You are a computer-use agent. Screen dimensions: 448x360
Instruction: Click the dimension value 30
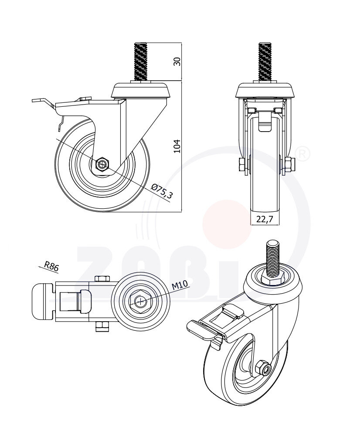pyautogui.click(x=177, y=61)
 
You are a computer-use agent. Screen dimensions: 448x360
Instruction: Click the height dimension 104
pyautogui.click(x=177, y=146)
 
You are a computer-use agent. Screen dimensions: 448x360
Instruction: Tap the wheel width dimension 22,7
pyautogui.click(x=264, y=219)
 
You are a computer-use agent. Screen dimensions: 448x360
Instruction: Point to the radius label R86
pyautogui.click(x=51, y=266)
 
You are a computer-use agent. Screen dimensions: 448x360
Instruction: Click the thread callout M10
pyautogui.click(x=180, y=285)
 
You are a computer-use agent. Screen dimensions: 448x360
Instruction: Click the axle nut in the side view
pyautogui.click(x=102, y=165)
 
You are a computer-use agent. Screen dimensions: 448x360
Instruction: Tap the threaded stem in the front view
pyautogui.click(x=265, y=61)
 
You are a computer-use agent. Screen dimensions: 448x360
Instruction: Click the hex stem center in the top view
pyautogui.click(x=139, y=301)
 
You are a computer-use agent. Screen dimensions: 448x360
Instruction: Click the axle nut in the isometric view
pyautogui.click(x=262, y=368)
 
